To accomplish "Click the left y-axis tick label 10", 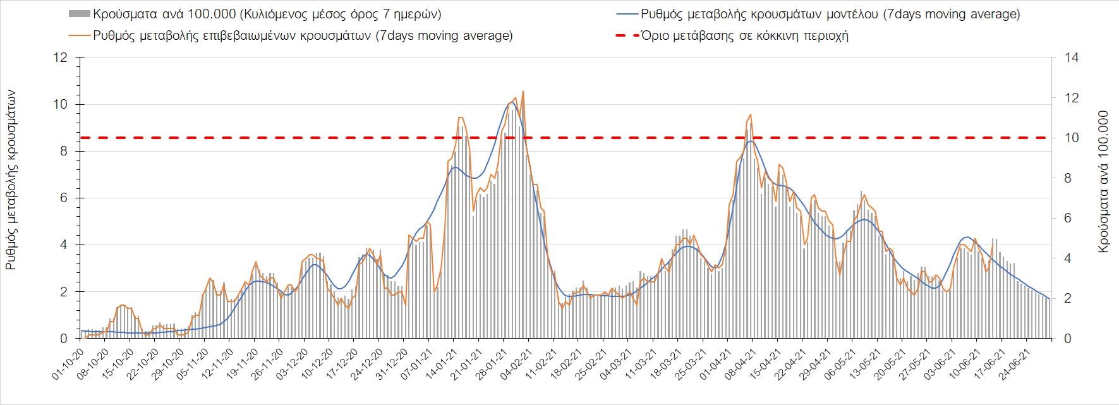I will pyautogui.click(x=61, y=104).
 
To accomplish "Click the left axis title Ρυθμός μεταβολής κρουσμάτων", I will pyautogui.click(x=11, y=180).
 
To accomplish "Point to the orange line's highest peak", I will pyautogui.click(x=523, y=92).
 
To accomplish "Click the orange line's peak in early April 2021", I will pyautogui.click(x=750, y=114).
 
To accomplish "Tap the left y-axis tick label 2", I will pyautogui.click(x=64, y=292).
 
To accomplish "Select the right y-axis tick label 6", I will pyautogui.click(x=1068, y=218).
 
